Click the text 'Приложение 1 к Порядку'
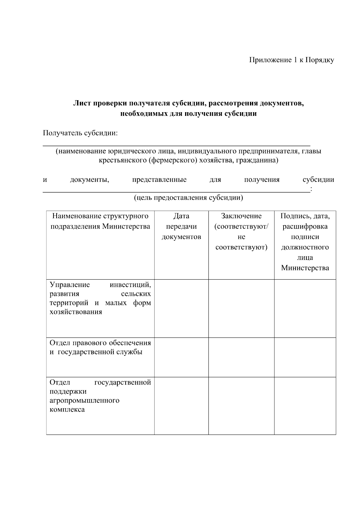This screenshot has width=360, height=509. [292, 60]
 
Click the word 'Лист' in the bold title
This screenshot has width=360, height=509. [82, 103]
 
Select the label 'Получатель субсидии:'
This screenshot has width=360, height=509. [80, 133]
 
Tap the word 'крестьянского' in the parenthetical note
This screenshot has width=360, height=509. [123, 160]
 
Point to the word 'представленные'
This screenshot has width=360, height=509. [159, 180]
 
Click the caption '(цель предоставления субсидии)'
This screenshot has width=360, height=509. [188, 198]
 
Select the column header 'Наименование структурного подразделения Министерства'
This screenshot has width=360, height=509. [100, 221]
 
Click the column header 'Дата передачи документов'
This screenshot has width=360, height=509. [181, 226]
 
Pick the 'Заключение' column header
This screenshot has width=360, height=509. [241, 216]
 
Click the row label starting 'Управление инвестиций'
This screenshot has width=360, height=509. [100, 298]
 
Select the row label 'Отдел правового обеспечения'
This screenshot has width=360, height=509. [100, 347]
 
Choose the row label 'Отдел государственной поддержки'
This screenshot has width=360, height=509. [100, 396]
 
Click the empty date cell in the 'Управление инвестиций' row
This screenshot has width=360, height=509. [181, 308]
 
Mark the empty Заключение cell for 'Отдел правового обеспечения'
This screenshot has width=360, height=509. [241, 357]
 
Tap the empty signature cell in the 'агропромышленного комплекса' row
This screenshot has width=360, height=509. [305, 406]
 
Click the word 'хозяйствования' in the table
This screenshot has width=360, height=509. [76, 312]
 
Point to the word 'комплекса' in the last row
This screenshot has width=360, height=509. [67, 410]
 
